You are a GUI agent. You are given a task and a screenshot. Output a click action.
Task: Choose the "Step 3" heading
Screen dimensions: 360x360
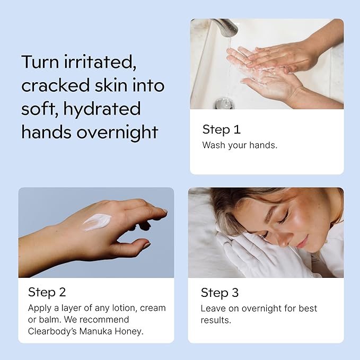[x=219, y=293]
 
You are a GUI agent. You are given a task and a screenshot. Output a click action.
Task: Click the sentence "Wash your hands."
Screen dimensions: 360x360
[x=240, y=145]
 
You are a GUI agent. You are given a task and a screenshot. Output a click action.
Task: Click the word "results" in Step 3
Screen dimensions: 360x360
[x=215, y=320]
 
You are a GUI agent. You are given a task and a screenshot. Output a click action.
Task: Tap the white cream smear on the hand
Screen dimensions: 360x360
[x=96, y=222]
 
